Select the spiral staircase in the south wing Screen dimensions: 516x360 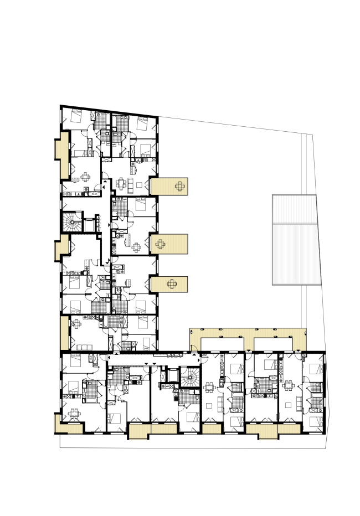coord(190,379)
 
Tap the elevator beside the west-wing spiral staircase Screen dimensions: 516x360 coord(88,225)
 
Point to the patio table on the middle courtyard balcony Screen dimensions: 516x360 coord(160,243)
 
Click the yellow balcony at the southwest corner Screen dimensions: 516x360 coord(59,424)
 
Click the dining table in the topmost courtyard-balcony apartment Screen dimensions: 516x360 coord(121,183)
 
